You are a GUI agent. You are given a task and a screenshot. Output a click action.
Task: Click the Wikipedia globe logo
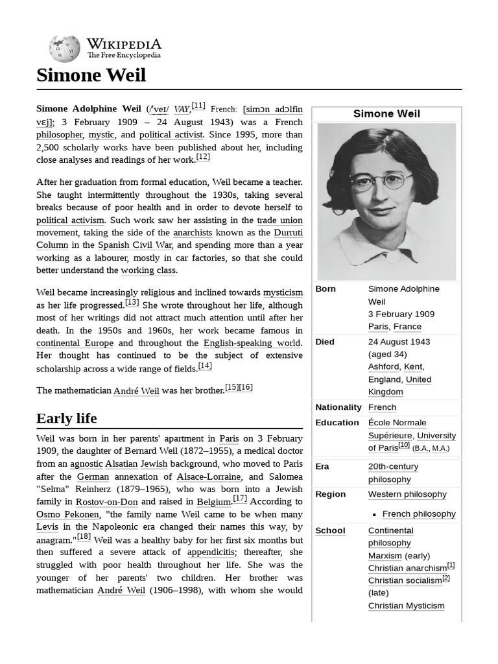click(x=64, y=48)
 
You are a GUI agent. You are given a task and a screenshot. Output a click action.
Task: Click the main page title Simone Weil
click(x=91, y=75)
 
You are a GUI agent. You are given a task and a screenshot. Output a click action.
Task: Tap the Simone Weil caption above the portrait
click(x=386, y=113)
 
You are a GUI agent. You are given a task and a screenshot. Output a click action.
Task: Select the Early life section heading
click(x=67, y=418)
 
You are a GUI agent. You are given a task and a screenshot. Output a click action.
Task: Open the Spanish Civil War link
click(x=136, y=245)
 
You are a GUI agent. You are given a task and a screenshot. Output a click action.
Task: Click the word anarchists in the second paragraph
click(x=193, y=232)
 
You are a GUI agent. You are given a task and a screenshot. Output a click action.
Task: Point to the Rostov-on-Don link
click(x=107, y=502)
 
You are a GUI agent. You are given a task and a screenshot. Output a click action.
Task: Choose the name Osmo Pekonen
click(x=67, y=514)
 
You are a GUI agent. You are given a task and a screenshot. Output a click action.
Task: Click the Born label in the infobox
click(x=326, y=289)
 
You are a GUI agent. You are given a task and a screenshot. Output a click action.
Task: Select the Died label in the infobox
click(x=325, y=342)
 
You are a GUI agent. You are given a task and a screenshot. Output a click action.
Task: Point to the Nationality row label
click(x=338, y=407)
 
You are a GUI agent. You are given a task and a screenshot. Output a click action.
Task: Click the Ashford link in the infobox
click(x=383, y=366)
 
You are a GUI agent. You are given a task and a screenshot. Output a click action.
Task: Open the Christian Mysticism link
click(x=406, y=606)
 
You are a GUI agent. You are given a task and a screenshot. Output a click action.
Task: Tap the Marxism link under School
click(x=385, y=556)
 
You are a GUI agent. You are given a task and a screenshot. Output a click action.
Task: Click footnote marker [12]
click(x=203, y=158)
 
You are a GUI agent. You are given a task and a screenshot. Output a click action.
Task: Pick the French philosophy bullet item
click(x=419, y=514)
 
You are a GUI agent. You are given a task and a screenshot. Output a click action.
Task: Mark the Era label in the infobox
click(x=322, y=466)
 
